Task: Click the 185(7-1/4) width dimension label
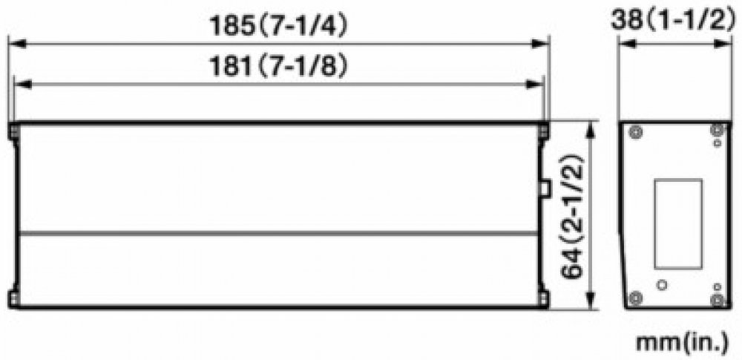click(279, 27)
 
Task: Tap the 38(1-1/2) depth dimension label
click(675, 20)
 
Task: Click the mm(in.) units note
click(682, 343)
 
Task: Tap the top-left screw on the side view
click(636, 133)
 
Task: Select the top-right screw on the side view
click(718, 130)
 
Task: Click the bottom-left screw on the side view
click(635, 298)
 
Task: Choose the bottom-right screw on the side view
click(718, 301)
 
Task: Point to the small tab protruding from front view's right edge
click(545, 188)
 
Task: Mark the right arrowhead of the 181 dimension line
click(535, 85)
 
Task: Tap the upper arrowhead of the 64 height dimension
click(590, 130)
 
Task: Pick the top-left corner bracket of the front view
click(13, 131)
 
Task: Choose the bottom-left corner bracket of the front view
click(13, 299)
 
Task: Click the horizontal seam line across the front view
click(278, 234)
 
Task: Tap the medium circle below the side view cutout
click(662, 285)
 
